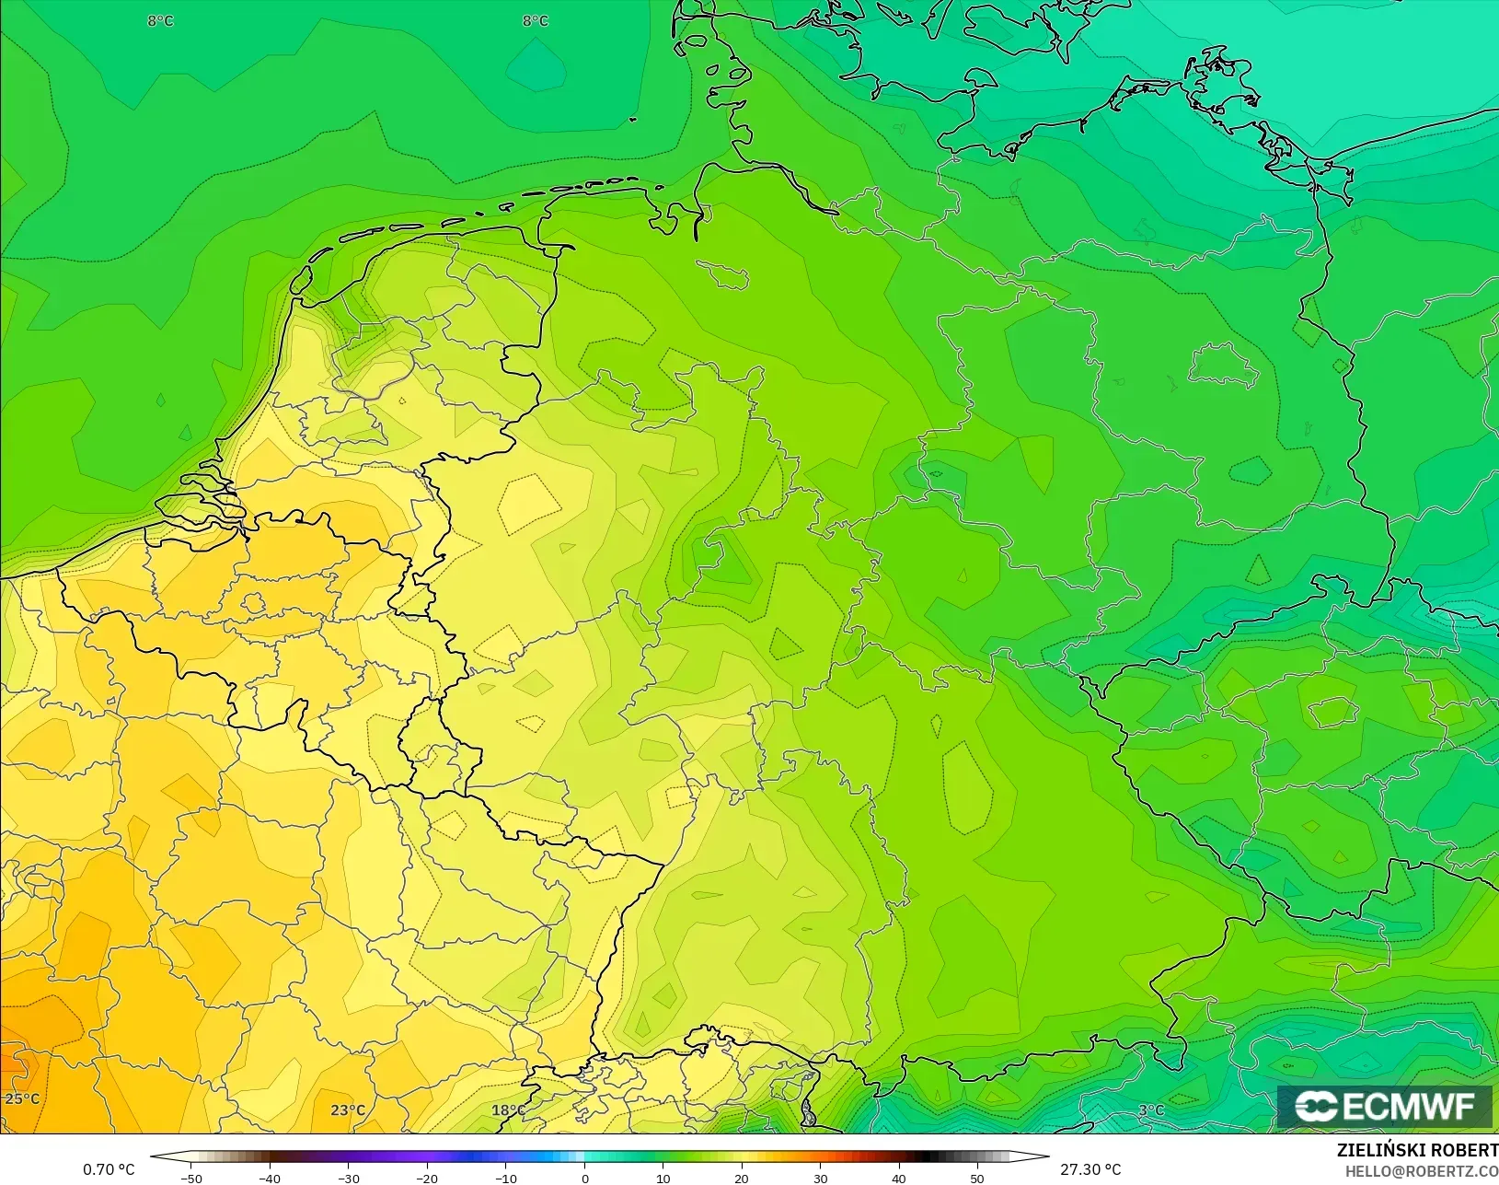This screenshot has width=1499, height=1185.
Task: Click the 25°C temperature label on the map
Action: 22,1098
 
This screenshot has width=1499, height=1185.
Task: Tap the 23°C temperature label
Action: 348,1109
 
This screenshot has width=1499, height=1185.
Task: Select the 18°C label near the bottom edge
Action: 507,1109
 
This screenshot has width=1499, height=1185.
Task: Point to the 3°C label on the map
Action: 1151,1109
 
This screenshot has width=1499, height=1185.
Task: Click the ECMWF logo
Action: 1384,1106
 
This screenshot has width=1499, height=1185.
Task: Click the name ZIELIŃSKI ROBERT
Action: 1417,1150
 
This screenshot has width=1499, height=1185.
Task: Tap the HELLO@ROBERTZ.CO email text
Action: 1422,1171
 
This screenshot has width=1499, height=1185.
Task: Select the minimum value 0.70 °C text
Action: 109,1169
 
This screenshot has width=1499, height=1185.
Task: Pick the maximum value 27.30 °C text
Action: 1090,1169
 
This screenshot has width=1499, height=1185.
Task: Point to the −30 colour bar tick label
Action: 348,1179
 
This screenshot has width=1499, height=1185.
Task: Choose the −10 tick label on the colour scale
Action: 505,1179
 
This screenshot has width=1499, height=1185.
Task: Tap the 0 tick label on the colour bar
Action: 584,1179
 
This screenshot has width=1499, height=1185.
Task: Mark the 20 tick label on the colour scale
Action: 742,1179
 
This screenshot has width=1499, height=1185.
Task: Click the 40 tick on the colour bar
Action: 899,1179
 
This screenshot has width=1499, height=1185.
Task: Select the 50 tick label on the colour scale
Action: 977,1179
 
